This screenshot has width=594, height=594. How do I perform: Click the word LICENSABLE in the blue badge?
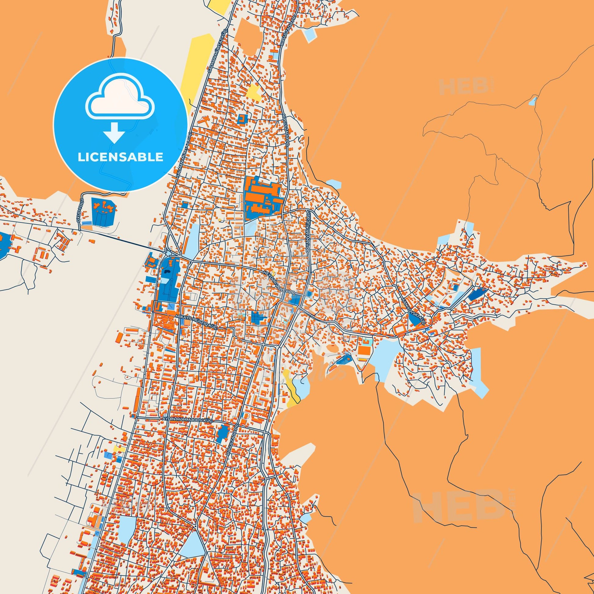coord(120,157)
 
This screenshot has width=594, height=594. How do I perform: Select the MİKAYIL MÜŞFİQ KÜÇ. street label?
coord(196,322)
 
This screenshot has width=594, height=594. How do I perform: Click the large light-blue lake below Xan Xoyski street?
coord(386,357)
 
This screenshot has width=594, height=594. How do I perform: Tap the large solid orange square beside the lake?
coord(363,350)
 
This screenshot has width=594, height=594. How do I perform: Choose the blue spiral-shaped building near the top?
coord(242,119)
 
